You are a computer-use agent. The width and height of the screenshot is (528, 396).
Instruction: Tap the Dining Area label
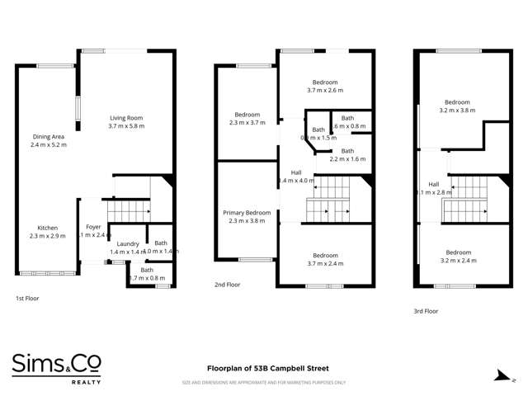point(48,136)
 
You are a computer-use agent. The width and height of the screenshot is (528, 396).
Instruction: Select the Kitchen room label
point(48,228)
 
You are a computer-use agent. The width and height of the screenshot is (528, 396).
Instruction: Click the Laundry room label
point(127,243)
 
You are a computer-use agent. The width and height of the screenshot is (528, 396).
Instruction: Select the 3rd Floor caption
point(426,311)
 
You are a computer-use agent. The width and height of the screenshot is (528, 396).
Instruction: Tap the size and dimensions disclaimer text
point(263,383)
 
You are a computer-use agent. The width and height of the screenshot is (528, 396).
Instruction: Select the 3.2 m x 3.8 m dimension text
point(458,110)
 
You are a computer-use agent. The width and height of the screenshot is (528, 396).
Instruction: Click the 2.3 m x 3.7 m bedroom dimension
point(247,122)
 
